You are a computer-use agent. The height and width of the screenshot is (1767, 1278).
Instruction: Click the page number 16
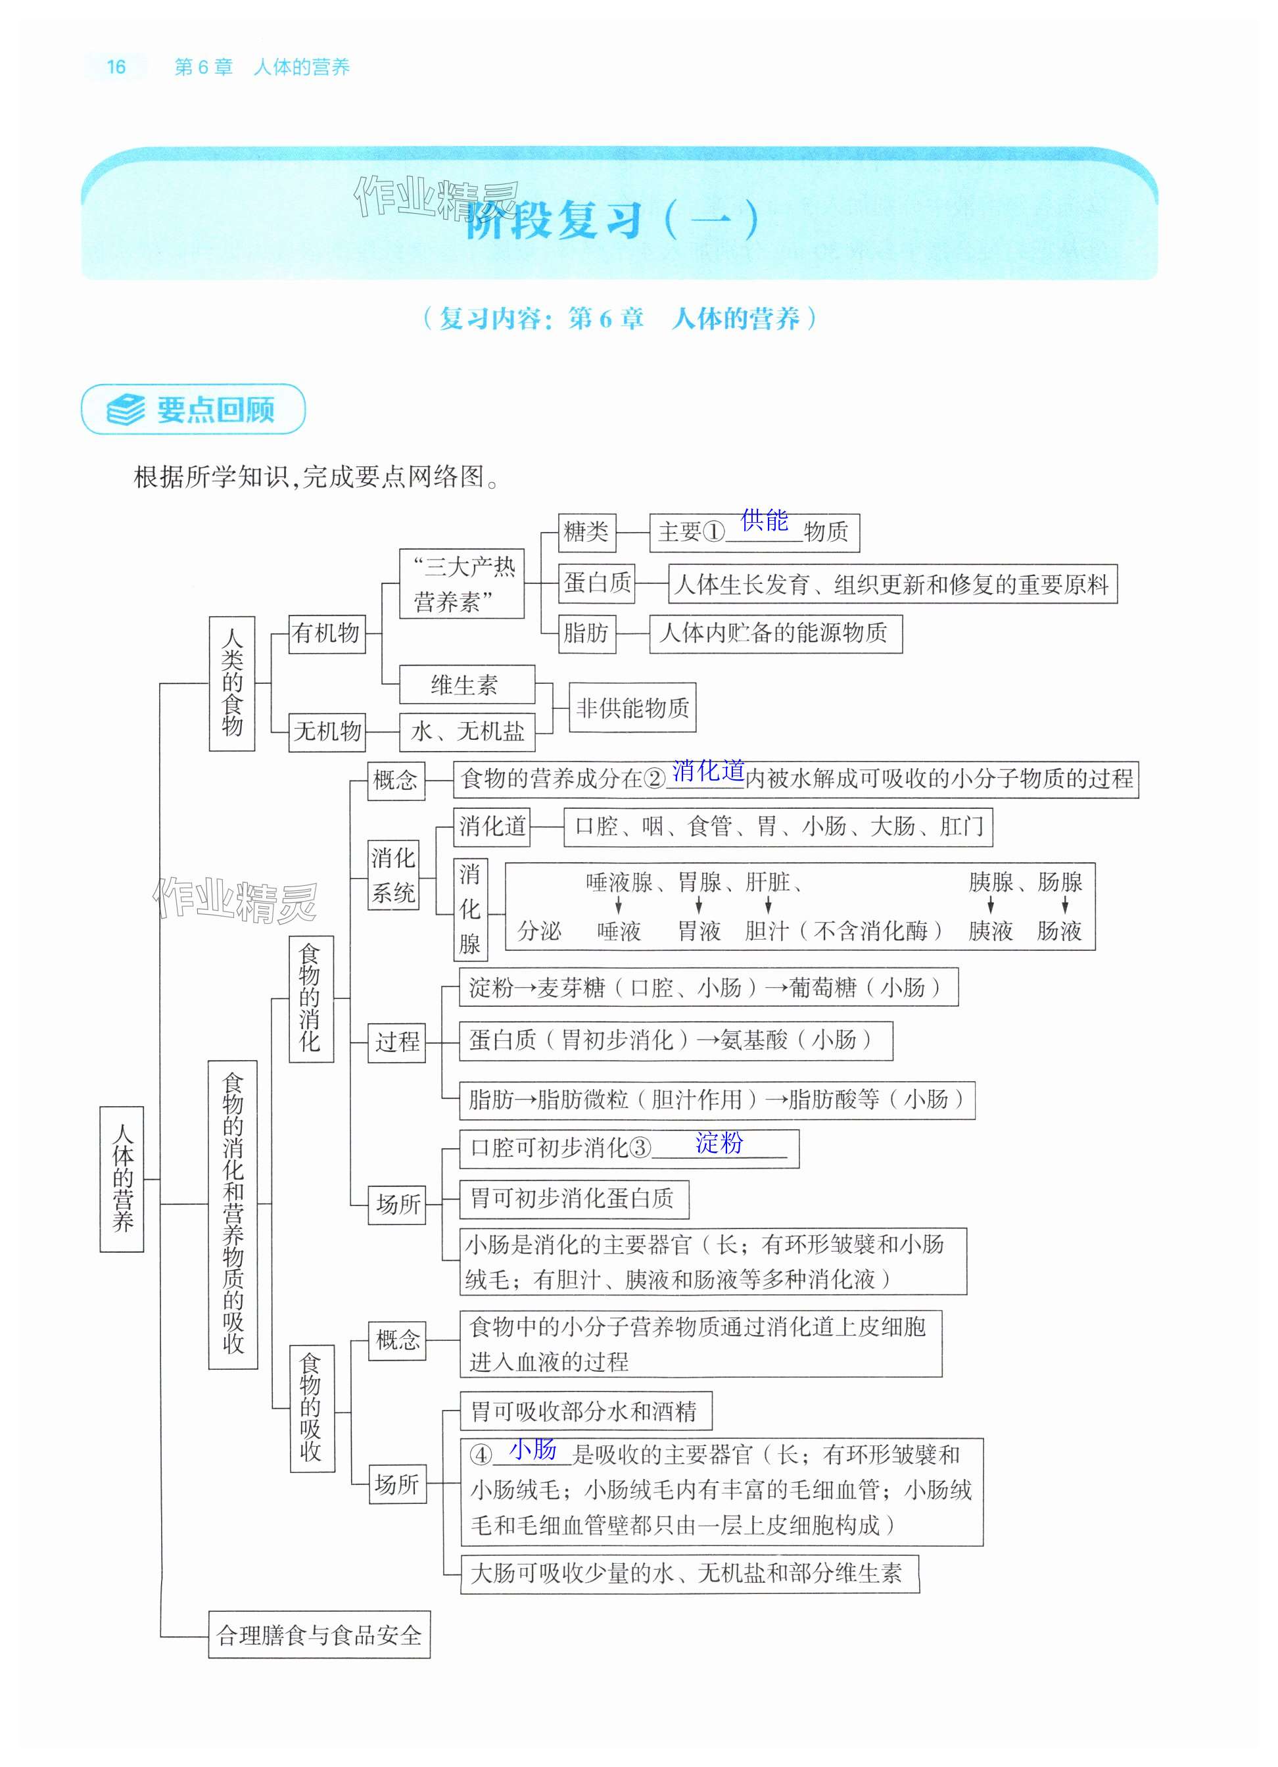tap(116, 67)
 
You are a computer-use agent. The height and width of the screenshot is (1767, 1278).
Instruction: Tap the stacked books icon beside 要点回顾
tap(126, 409)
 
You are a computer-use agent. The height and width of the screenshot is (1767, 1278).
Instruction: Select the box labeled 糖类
tap(586, 532)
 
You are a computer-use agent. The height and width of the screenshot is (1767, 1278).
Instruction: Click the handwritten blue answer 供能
tap(764, 520)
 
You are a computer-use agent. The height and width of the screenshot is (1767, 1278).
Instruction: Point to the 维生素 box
tap(465, 685)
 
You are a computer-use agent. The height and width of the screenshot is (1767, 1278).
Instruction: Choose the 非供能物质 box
tap(632, 708)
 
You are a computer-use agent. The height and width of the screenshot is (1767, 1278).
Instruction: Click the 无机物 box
tap(327, 731)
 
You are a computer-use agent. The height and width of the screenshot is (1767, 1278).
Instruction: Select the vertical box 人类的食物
tap(232, 683)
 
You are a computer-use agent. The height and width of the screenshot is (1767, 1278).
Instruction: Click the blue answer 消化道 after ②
tap(708, 771)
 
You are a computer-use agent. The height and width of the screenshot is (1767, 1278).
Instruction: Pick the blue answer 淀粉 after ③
tap(719, 1143)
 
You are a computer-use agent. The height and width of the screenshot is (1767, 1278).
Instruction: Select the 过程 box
tap(397, 1042)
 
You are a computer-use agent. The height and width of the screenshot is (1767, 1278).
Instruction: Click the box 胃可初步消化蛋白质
tap(573, 1199)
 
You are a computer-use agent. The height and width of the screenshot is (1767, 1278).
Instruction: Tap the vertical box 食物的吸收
tap(312, 1408)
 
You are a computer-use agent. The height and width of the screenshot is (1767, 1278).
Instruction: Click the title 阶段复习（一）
tap(611, 220)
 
